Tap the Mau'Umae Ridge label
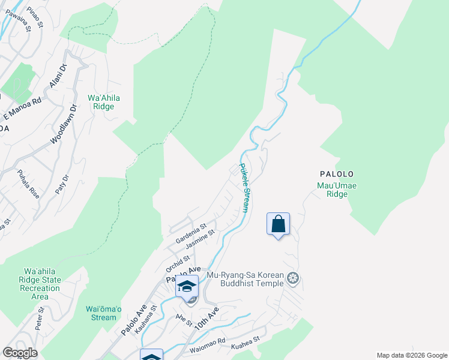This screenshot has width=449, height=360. pyautogui.click(x=337, y=190)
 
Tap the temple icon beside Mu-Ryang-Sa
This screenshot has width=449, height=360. pyautogui.click(x=293, y=278)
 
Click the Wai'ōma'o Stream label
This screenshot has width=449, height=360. pyautogui.click(x=101, y=313)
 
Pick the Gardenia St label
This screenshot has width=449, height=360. pyautogui.click(x=191, y=233)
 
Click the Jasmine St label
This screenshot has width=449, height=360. pyautogui.click(x=200, y=241)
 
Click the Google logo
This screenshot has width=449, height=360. pyautogui.click(x=20, y=353)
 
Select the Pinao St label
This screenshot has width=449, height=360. pyautogui.click(x=35, y=16)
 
